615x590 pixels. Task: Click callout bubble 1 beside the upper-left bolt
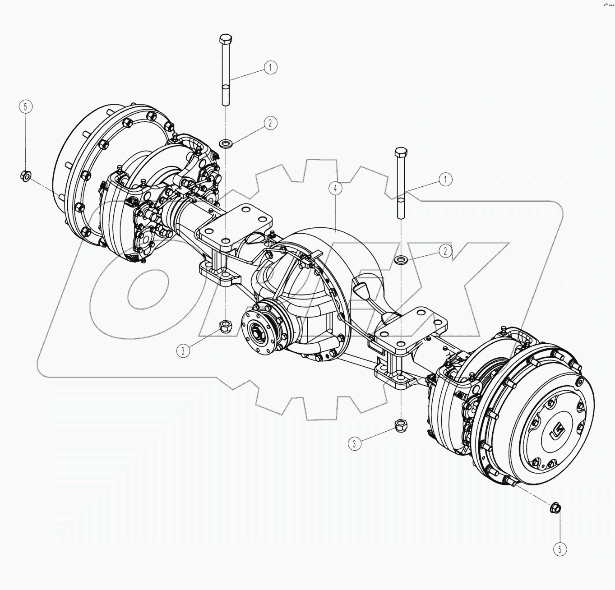pos(270,68)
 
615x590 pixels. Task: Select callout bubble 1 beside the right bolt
pos(445,179)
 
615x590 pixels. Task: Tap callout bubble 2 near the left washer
pos(270,123)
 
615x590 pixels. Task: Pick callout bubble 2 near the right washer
pos(445,251)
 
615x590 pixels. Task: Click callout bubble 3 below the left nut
pos(183,351)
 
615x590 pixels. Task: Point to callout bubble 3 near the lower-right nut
pos(355,444)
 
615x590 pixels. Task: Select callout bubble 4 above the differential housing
pos(335,188)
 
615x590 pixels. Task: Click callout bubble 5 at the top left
pos(26,107)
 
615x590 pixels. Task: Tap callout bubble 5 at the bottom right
pos(560,549)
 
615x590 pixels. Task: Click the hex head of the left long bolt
pos(225,38)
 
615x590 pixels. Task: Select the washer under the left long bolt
pos(225,144)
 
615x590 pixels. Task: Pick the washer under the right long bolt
pos(400,260)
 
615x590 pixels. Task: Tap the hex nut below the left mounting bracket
pos(224,325)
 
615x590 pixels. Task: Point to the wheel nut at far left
pos(26,175)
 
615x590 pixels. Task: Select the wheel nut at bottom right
pos(555,508)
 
